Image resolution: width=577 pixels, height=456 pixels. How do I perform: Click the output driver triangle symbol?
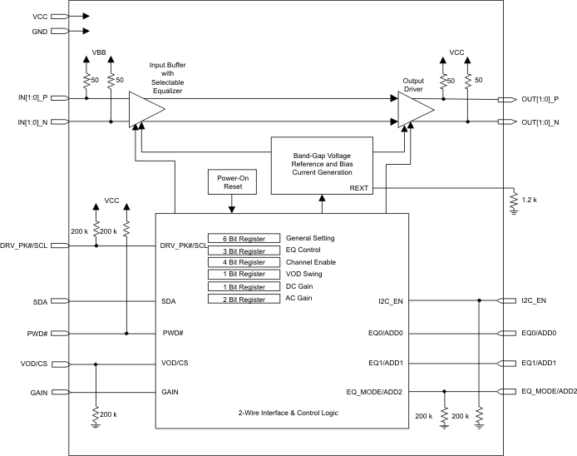[x=414, y=110]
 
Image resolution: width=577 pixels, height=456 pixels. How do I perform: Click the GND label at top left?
[x=39, y=32]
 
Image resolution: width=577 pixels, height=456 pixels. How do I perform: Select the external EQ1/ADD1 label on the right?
[x=538, y=363]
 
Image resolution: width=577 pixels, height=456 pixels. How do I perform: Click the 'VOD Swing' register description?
[x=305, y=274]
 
